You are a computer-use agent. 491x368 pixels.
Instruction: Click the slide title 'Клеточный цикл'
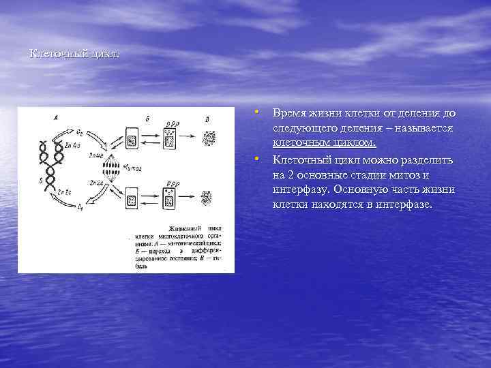74,54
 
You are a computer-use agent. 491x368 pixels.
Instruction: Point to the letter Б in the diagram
147,119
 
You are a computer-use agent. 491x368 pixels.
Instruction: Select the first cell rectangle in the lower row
132,202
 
